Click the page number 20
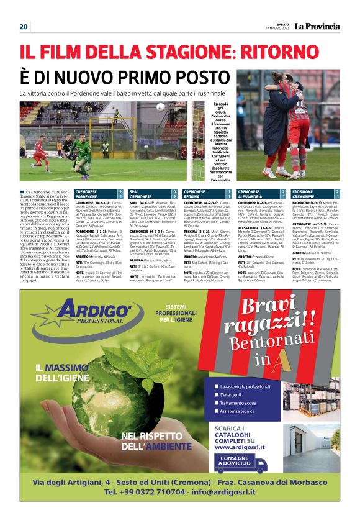pyautogui.click(x=24, y=27)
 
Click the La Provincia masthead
pyautogui.click(x=317, y=27)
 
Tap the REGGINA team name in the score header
pyautogui.click(x=194, y=196)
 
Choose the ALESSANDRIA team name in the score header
pyautogui.click(x=251, y=196)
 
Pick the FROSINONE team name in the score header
pyautogui.click(x=303, y=192)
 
